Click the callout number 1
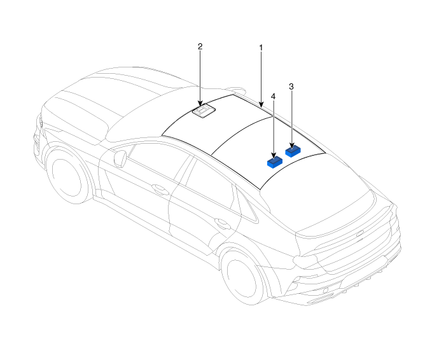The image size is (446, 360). point(261,48)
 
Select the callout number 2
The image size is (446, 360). point(200,46)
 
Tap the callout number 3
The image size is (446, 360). point(291,87)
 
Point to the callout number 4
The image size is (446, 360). point(274,97)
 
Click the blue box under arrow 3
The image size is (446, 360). point(293,151)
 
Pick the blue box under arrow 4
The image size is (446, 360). point(275,162)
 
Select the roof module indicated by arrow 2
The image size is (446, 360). point(204,111)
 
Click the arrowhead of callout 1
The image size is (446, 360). point(261,105)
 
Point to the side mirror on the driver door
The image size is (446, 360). point(120,158)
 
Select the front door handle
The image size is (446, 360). point(160,188)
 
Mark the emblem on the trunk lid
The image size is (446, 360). point(360,233)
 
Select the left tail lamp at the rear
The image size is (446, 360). point(306,260)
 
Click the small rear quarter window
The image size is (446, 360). point(247,205)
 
